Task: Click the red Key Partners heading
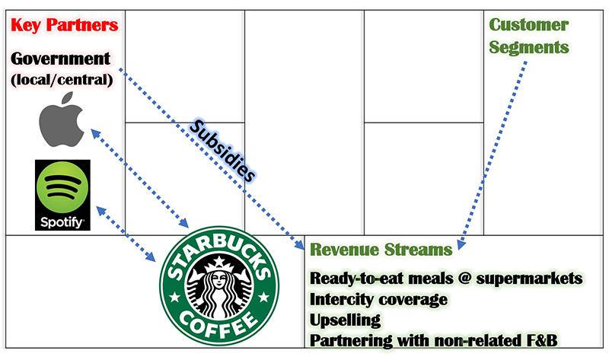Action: click(x=65, y=25)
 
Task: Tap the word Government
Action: click(x=61, y=59)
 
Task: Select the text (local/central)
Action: click(x=62, y=80)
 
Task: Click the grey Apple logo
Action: click(x=62, y=119)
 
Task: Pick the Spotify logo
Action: click(x=62, y=195)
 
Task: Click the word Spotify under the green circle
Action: click(x=62, y=221)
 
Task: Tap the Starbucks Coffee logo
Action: click(x=219, y=286)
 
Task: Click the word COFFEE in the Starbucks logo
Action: click(x=218, y=325)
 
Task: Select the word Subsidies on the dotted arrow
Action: click(x=222, y=151)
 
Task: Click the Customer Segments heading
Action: click(x=528, y=36)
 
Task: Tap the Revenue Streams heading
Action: click(x=381, y=250)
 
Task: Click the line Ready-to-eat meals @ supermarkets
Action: click(x=446, y=279)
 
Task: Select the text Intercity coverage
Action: click(x=378, y=299)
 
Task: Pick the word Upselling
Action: click(x=346, y=320)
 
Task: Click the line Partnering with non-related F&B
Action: click(x=433, y=340)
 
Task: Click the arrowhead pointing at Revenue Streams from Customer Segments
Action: click(x=461, y=244)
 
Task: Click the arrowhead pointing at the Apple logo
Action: click(x=94, y=133)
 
